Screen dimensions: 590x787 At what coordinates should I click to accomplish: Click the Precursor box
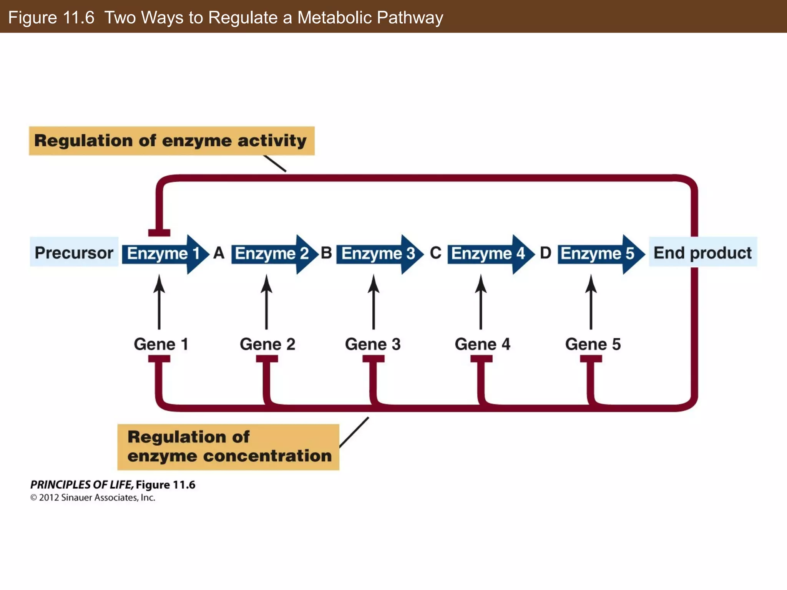coord(74,253)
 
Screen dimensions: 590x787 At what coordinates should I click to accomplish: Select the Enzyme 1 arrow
coord(163,254)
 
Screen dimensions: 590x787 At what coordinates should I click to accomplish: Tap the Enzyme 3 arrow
coord(378,254)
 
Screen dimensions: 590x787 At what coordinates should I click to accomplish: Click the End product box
coord(702,253)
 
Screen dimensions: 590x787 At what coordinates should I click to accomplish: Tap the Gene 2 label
coord(267,344)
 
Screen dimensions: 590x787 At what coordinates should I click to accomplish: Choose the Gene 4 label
coord(482,344)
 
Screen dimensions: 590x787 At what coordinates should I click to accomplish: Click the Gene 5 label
coord(593,344)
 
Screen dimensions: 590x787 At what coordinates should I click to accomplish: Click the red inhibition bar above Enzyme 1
coord(159,232)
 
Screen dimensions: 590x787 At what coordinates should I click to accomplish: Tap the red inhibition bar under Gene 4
coord(481,359)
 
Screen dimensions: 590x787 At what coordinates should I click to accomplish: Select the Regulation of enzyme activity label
coord(171,141)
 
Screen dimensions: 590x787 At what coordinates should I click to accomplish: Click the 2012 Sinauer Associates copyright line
coord(93,498)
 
